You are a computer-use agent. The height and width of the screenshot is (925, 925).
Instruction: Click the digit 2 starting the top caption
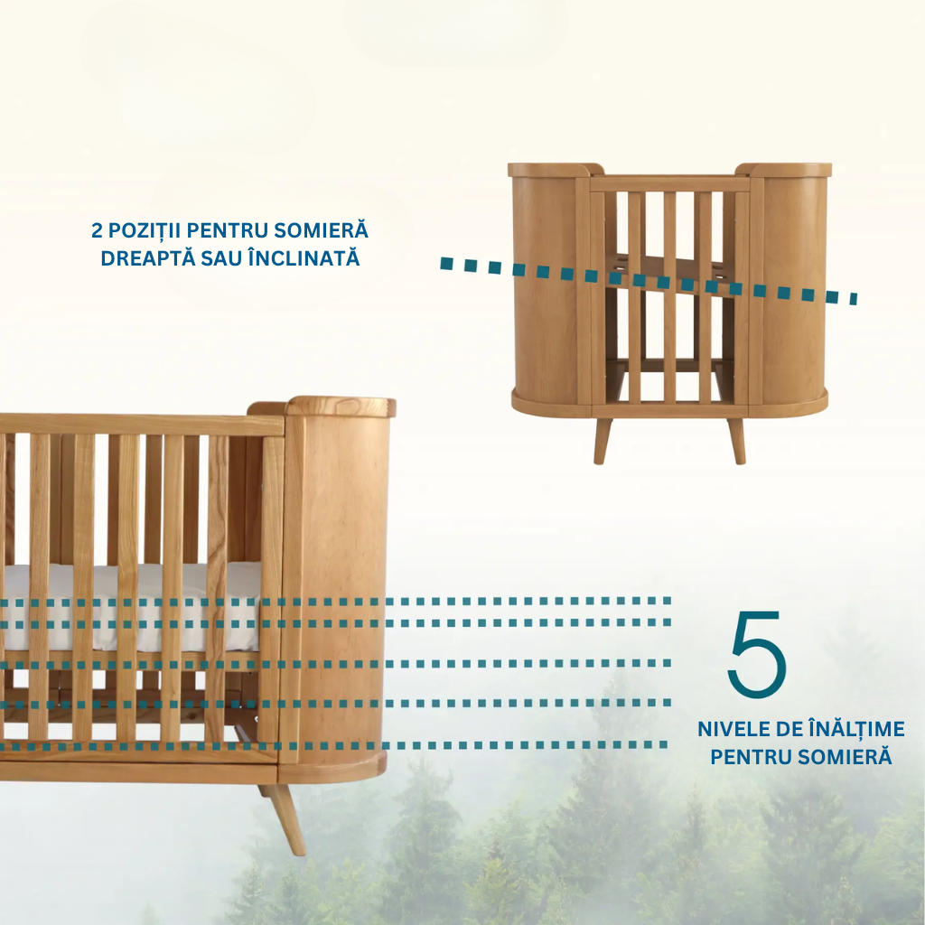(97, 230)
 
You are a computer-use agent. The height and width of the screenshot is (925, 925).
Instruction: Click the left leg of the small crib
(603, 439)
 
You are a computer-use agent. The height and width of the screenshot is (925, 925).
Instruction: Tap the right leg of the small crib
(737, 439)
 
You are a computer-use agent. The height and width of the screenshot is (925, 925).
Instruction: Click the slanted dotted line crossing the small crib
(650, 280)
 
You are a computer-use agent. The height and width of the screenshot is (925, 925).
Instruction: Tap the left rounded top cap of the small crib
(555, 169)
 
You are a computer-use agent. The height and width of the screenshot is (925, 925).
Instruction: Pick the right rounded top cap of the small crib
(784, 169)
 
